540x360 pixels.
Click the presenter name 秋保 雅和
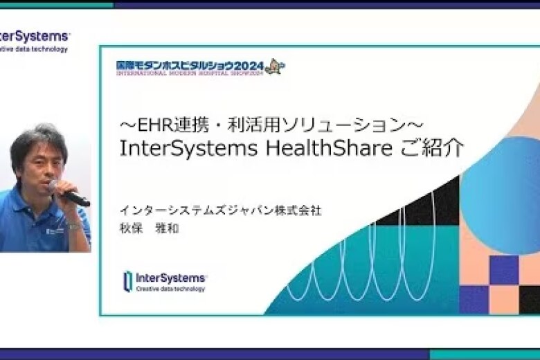pos(148,228)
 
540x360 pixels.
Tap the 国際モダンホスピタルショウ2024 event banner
pos(190,66)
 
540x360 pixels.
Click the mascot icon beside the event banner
pos(274,66)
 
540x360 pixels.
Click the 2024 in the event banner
pos(249,66)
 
